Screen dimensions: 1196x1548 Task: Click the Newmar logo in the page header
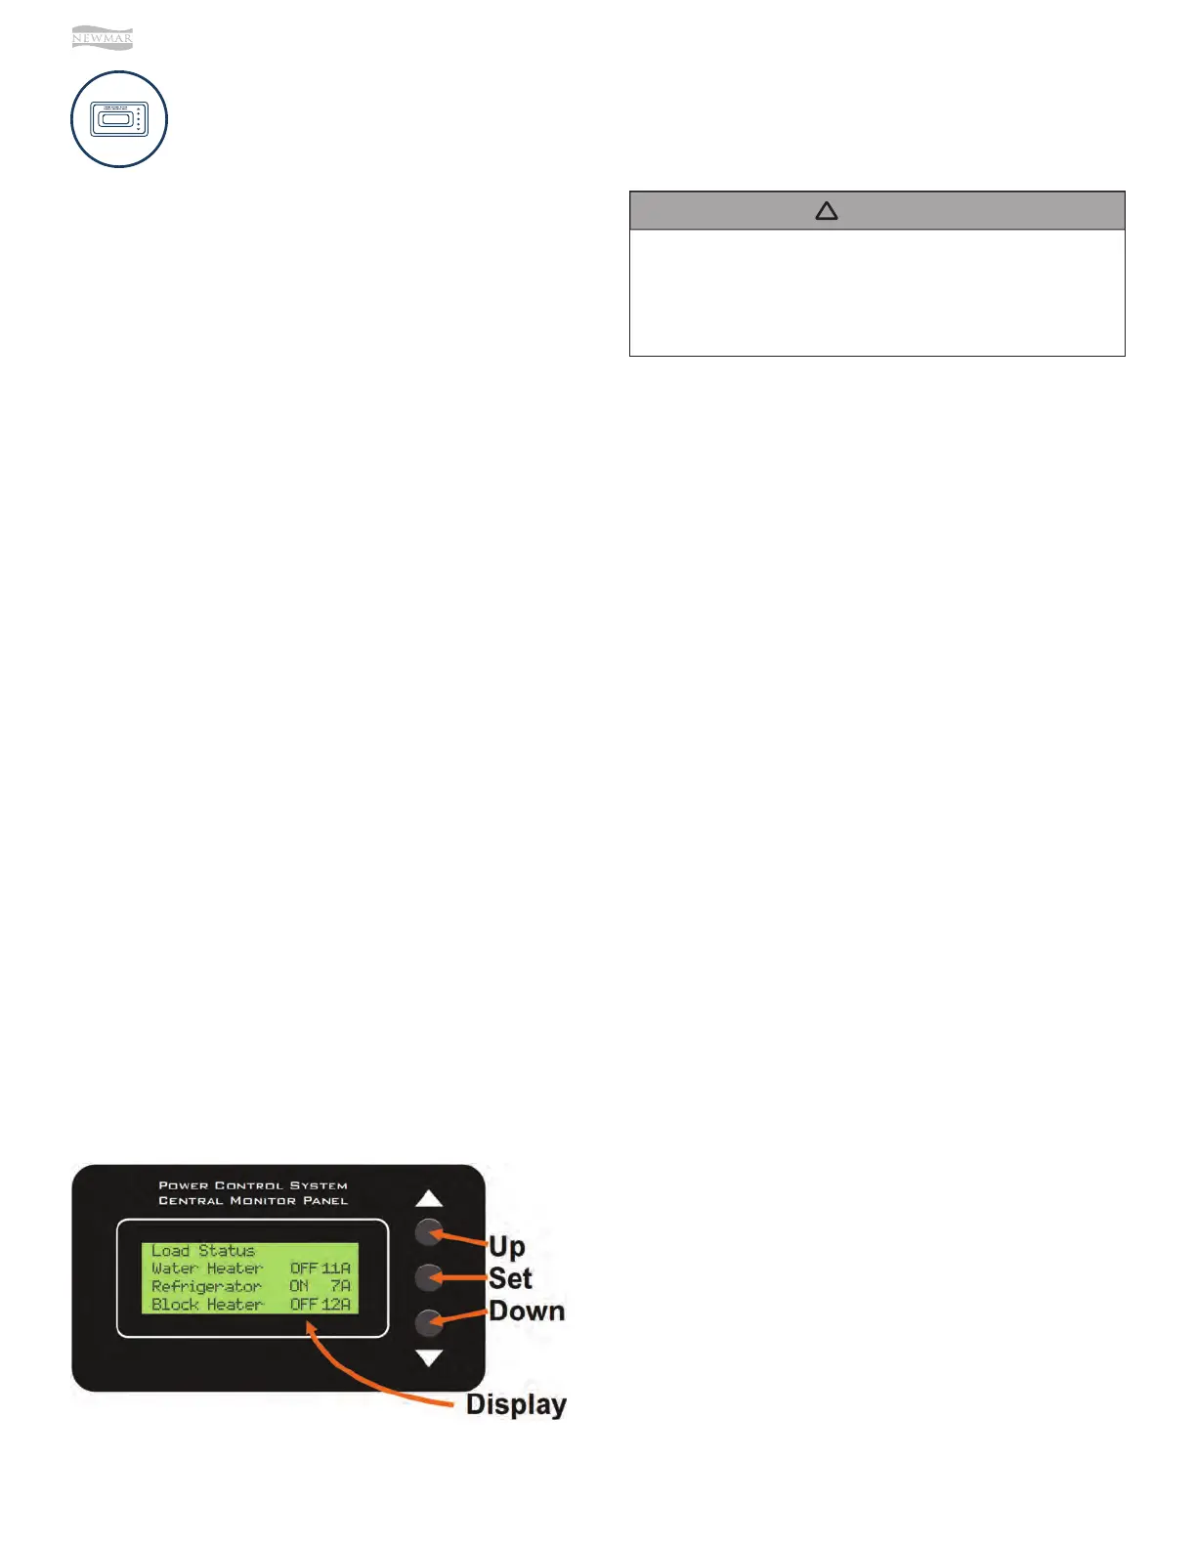pyautogui.click(x=102, y=39)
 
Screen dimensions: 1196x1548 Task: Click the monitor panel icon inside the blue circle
pyautogui.click(x=119, y=119)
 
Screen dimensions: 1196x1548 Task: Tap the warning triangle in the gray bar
pyautogui.click(x=827, y=211)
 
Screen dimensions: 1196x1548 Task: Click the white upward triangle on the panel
pyautogui.click(x=429, y=1199)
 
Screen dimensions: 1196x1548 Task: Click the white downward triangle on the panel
pyautogui.click(x=429, y=1357)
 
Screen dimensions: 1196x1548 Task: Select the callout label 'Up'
pyautogui.click(x=507, y=1246)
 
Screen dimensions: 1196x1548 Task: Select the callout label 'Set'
pyautogui.click(x=510, y=1278)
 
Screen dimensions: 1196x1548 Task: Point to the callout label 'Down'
pyautogui.click(x=527, y=1311)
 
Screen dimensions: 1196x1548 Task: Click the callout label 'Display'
pyautogui.click(x=516, y=1404)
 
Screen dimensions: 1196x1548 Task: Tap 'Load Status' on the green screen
pyautogui.click(x=203, y=1251)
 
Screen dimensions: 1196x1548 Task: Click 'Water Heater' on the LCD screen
pyautogui.click(x=207, y=1268)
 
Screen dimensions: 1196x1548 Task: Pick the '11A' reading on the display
pyautogui.click(x=336, y=1268)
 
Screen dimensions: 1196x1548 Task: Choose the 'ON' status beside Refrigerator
pyautogui.click(x=299, y=1286)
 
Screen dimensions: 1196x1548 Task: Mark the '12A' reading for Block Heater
pyautogui.click(x=336, y=1305)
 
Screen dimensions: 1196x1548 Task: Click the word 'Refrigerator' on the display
pyautogui.click(x=206, y=1286)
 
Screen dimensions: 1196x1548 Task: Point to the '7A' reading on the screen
pyautogui.click(x=340, y=1286)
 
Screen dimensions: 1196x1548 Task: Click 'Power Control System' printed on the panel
pyautogui.click(x=253, y=1185)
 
